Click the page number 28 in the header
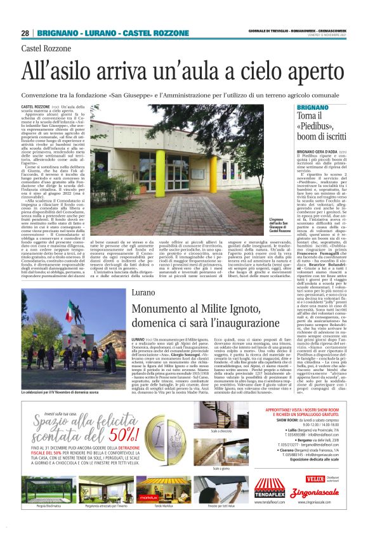25,33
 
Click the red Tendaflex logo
270,487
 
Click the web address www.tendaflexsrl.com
270,503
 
